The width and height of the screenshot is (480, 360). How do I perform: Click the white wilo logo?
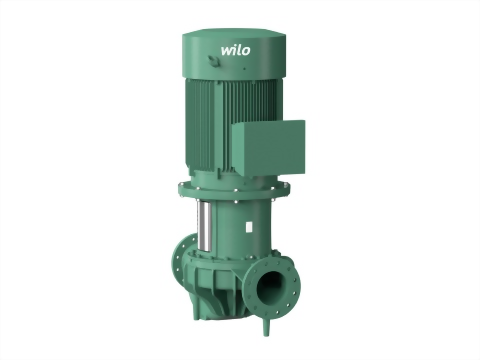tap(235, 50)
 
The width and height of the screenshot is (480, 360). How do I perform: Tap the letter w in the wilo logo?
tap(227, 51)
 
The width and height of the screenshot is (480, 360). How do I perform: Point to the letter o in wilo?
tap(246, 51)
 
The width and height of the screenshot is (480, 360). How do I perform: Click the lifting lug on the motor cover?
tap(213, 61)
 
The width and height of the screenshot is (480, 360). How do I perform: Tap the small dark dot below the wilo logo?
tap(244, 69)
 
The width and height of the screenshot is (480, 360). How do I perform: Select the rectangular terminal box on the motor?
tap(268, 147)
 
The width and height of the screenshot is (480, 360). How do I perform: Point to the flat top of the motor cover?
tap(234, 33)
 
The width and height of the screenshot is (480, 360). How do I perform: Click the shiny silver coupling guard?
tap(204, 226)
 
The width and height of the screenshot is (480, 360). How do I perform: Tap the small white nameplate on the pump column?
tap(249, 227)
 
